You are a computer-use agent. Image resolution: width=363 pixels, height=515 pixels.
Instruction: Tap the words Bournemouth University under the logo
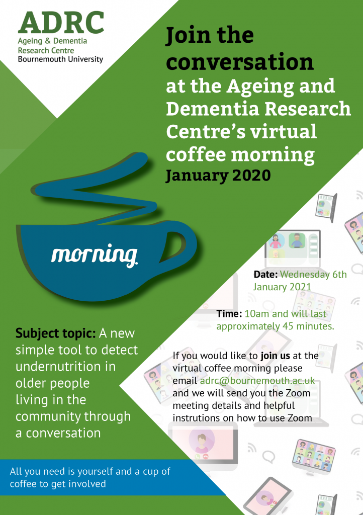coord(60,59)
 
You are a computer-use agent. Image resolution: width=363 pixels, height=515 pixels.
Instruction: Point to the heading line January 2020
coord(218,176)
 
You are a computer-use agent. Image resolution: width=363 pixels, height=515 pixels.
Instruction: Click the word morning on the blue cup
coord(95,255)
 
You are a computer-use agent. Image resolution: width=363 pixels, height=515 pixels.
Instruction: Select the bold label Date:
coord(265,275)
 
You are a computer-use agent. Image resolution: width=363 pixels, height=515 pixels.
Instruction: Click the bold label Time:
coord(229,314)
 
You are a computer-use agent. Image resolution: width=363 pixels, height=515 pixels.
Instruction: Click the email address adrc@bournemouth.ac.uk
coord(257,381)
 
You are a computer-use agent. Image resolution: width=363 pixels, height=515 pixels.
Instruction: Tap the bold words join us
coord(276,356)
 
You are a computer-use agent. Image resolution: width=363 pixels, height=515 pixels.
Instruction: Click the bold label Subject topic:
coord(55,333)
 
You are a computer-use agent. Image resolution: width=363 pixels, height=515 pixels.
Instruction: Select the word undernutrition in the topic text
coord(66,367)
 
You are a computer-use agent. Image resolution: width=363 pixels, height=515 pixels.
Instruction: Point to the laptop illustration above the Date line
coord(292,248)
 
